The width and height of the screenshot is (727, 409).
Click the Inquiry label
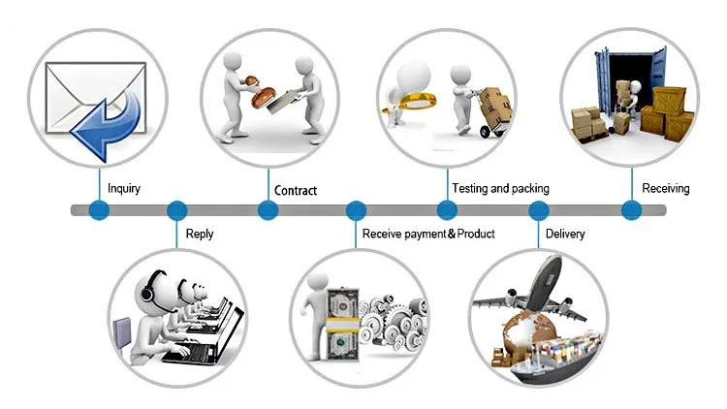point(123,188)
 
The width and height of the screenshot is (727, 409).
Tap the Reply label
point(199,234)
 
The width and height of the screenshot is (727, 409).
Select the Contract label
point(295,190)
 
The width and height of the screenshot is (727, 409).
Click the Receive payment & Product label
point(428,234)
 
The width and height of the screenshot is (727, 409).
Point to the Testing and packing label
point(500,188)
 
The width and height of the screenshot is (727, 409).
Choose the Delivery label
point(565,234)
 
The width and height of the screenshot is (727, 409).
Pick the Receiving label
point(666,188)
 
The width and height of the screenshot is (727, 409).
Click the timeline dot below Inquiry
point(98,209)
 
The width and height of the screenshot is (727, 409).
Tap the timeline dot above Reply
point(176,209)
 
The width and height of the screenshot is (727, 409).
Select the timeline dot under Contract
point(269,209)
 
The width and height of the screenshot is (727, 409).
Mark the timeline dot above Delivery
point(538,209)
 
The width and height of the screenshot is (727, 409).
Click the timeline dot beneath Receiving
point(631,209)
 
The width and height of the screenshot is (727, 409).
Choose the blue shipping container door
point(606,82)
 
